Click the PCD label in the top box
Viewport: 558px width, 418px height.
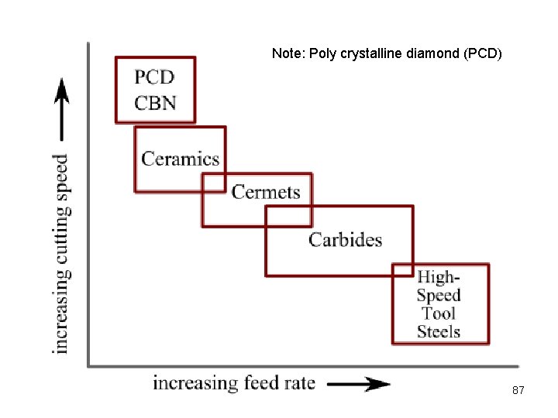(x=154, y=77)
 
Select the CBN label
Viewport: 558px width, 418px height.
(x=155, y=102)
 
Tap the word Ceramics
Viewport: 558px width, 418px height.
(x=181, y=159)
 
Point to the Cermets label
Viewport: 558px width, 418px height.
(x=266, y=191)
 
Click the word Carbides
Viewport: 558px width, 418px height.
(x=345, y=239)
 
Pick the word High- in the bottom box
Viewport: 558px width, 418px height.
(x=439, y=277)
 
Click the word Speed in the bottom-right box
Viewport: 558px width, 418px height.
(x=439, y=295)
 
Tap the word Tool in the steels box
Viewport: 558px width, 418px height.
(x=439, y=313)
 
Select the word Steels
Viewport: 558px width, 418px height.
(x=439, y=331)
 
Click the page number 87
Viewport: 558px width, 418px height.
(x=518, y=391)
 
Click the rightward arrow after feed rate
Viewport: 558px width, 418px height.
(x=358, y=383)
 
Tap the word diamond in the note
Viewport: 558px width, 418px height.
(x=435, y=54)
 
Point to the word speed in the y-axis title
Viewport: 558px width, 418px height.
(x=61, y=173)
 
